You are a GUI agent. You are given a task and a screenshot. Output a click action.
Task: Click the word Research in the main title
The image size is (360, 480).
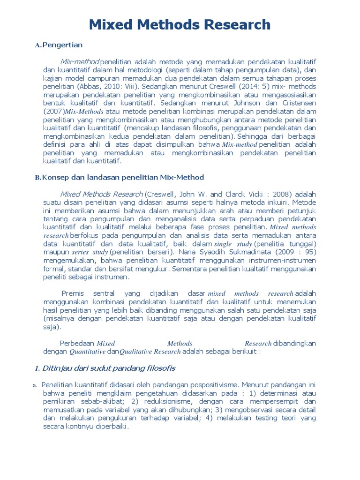point(239,24)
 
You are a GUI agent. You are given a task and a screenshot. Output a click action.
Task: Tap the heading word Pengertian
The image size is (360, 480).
point(62,45)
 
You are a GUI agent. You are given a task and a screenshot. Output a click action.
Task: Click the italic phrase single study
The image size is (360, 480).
point(233,244)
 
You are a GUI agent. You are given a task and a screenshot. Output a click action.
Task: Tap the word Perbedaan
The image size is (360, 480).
point(78,343)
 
